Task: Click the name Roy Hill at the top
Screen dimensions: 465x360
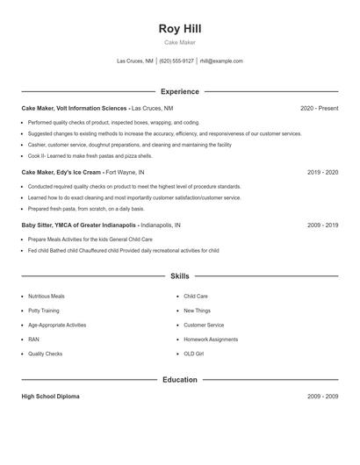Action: [x=179, y=28]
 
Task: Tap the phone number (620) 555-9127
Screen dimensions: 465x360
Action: [x=176, y=61]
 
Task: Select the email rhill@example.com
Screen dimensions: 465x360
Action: [x=221, y=61]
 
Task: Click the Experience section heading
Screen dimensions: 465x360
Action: [x=179, y=91]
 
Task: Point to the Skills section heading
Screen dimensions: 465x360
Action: [x=179, y=275]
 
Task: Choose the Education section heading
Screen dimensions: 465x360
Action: [x=179, y=380]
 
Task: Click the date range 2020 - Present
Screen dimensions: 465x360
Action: [x=319, y=108]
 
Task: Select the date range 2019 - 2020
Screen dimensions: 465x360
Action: [x=322, y=173]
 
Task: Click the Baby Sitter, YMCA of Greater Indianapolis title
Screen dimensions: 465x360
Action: [x=79, y=225]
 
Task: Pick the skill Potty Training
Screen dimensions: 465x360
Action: [x=44, y=311]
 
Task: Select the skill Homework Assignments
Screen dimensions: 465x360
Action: [x=211, y=339]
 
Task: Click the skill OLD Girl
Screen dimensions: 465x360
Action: [x=194, y=353]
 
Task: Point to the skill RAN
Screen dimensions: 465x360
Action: [x=33, y=339]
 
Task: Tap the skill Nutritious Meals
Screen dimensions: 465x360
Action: [x=46, y=297]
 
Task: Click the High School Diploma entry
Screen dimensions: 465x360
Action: [x=50, y=397]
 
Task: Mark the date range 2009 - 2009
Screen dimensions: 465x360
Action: [x=322, y=397]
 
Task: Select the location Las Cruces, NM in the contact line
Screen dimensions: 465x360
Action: [x=135, y=61]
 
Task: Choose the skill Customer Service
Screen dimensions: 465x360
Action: [x=204, y=325]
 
